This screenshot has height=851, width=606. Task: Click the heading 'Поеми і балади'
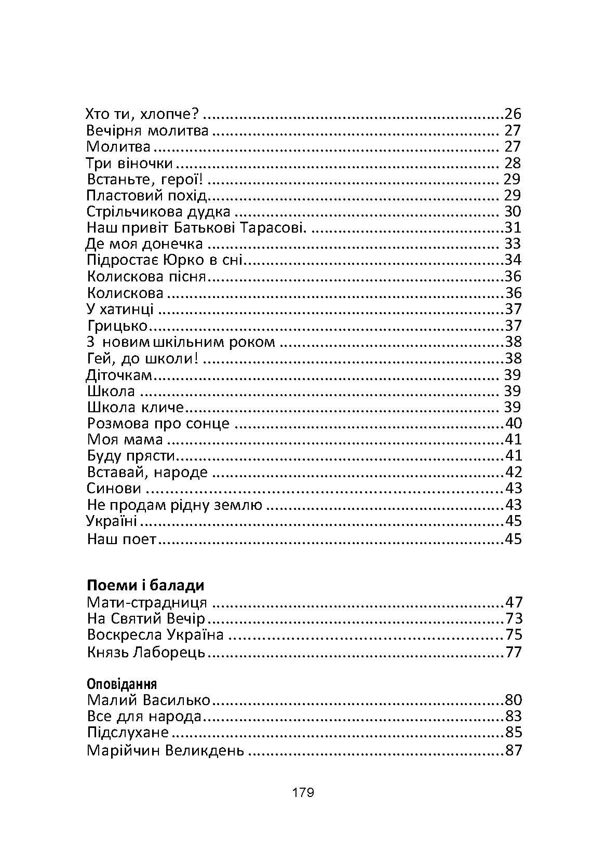(145, 586)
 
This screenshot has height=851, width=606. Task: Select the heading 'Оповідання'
(122, 683)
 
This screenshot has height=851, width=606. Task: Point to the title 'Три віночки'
(129, 163)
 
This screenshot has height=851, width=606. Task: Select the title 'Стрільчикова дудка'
(158, 212)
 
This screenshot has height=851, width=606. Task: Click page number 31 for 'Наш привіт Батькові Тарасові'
(513, 228)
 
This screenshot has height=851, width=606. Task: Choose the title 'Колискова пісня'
(147, 276)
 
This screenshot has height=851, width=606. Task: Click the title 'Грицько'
(117, 326)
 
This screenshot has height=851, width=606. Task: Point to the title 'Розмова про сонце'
(158, 423)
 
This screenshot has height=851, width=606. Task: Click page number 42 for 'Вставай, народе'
(513, 472)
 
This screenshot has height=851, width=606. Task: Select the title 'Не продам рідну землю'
(175, 505)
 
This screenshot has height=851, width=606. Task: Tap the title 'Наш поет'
(122, 539)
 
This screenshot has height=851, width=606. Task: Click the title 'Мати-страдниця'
(147, 603)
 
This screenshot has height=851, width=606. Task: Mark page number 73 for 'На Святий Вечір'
(513, 619)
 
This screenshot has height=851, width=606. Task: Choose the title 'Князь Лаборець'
(146, 652)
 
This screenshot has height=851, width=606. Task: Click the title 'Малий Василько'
(149, 700)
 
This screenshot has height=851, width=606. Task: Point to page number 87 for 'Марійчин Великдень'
(513, 751)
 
